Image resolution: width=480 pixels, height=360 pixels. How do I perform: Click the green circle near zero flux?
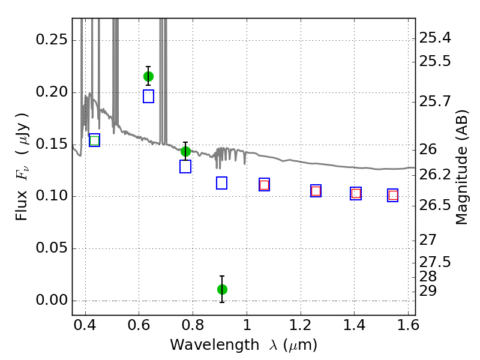(222, 289)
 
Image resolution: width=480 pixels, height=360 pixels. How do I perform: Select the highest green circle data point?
(148, 76)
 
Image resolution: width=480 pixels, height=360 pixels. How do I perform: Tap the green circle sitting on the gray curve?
(185, 151)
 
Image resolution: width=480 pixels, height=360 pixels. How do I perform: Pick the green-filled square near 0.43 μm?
(95, 140)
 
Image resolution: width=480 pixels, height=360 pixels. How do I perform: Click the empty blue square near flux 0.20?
(148, 97)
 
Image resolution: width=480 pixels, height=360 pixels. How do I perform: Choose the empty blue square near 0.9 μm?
(221, 183)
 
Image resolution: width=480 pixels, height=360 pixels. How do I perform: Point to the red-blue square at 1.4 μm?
(356, 193)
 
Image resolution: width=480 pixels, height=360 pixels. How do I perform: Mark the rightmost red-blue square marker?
(393, 196)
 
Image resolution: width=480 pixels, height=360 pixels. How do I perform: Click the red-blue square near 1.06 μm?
(264, 185)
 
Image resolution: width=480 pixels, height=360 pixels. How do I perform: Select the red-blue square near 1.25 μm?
(316, 191)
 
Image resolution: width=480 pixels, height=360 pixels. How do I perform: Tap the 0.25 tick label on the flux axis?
(52, 40)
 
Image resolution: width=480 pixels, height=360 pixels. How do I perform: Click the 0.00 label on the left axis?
(52, 299)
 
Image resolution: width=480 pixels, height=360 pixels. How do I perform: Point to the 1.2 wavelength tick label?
(301, 325)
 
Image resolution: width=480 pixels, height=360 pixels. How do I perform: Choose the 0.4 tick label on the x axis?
(85, 325)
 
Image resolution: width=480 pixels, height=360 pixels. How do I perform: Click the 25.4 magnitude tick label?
(435, 38)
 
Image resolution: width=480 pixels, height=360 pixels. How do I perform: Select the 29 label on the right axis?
(428, 291)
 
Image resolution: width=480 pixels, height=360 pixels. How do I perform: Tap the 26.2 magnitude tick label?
(435, 175)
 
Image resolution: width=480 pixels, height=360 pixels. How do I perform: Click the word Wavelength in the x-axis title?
(215, 345)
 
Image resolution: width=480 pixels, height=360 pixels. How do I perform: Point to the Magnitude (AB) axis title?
(461, 167)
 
